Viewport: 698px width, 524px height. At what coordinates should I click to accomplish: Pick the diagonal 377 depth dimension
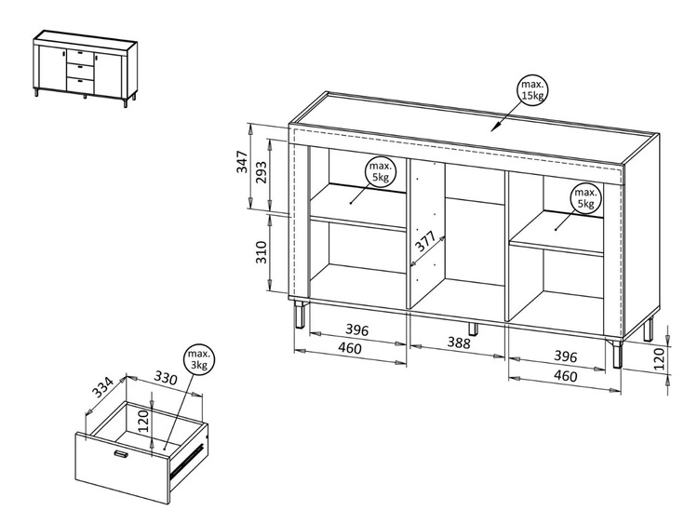(x=425, y=243)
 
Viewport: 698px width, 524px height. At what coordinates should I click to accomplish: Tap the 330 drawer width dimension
(x=165, y=380)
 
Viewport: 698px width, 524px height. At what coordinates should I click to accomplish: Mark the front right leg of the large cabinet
(x=615, y=355)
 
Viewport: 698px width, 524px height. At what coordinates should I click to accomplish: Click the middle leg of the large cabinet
(x=473, y=329)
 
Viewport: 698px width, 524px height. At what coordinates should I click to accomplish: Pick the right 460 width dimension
(x=563, y=376)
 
